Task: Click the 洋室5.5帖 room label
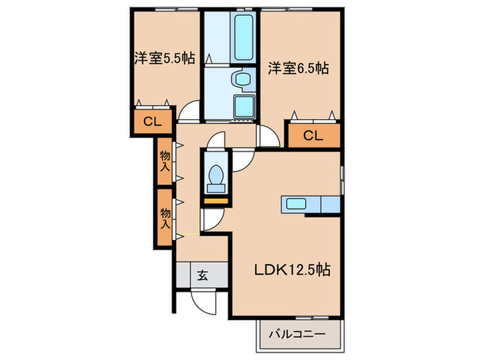[165, 58]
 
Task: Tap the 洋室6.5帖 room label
[298, 68]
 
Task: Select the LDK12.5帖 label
[292, 269]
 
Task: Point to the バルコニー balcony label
[297, 334]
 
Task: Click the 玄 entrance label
[202, 275]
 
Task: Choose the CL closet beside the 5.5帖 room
[152, 122]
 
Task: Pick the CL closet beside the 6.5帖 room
[313, 135]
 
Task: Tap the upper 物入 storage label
[165, 161]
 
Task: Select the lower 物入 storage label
[165, 218]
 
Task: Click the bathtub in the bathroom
[244, 37]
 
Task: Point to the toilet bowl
[215, 175]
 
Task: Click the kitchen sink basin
[296, 203]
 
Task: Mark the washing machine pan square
[244, 106]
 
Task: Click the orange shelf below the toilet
[216, 201]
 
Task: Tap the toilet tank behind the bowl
[215, 189]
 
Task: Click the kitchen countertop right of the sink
[331, 204]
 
